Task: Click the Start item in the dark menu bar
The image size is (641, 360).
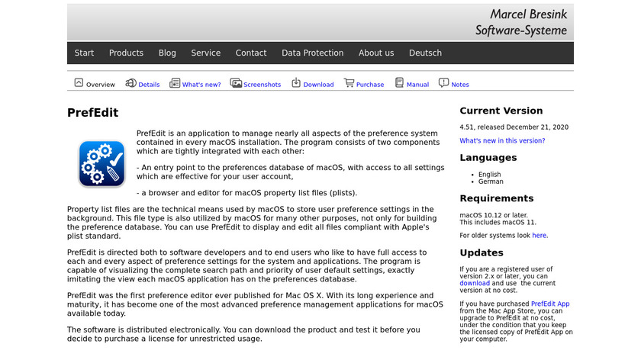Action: [x=84, y=53]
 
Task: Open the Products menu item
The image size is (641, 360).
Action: [x=126, y=53]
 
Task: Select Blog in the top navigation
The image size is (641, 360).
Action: [x=167, y=53]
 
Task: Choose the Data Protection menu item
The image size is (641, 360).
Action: [x=312, y=53]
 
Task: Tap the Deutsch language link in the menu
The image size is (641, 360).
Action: [x=425, y=53]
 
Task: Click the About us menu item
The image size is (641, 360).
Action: [x=376, y=53]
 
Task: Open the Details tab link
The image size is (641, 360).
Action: [x=149, y=85]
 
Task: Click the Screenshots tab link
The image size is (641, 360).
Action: [x=262, y=85]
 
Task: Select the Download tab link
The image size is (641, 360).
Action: [x=318, y=85]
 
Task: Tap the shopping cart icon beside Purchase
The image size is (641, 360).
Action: [x=349, y=83]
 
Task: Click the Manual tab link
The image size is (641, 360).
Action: [x=417, y=85]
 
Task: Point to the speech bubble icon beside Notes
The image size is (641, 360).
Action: [x=444, y=83]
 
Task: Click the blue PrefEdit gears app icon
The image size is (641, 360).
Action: [x=101, y=164]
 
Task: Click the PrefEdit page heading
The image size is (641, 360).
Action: [x=93, y=113]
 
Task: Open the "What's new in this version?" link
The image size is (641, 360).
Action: [x=502, y=141]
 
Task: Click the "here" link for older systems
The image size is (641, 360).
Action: [x=539, y=236]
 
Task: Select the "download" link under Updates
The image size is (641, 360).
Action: [x=475, y=283]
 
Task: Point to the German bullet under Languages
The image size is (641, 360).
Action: [x=491, y=182]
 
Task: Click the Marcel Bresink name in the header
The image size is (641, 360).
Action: [x=528, y=14]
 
